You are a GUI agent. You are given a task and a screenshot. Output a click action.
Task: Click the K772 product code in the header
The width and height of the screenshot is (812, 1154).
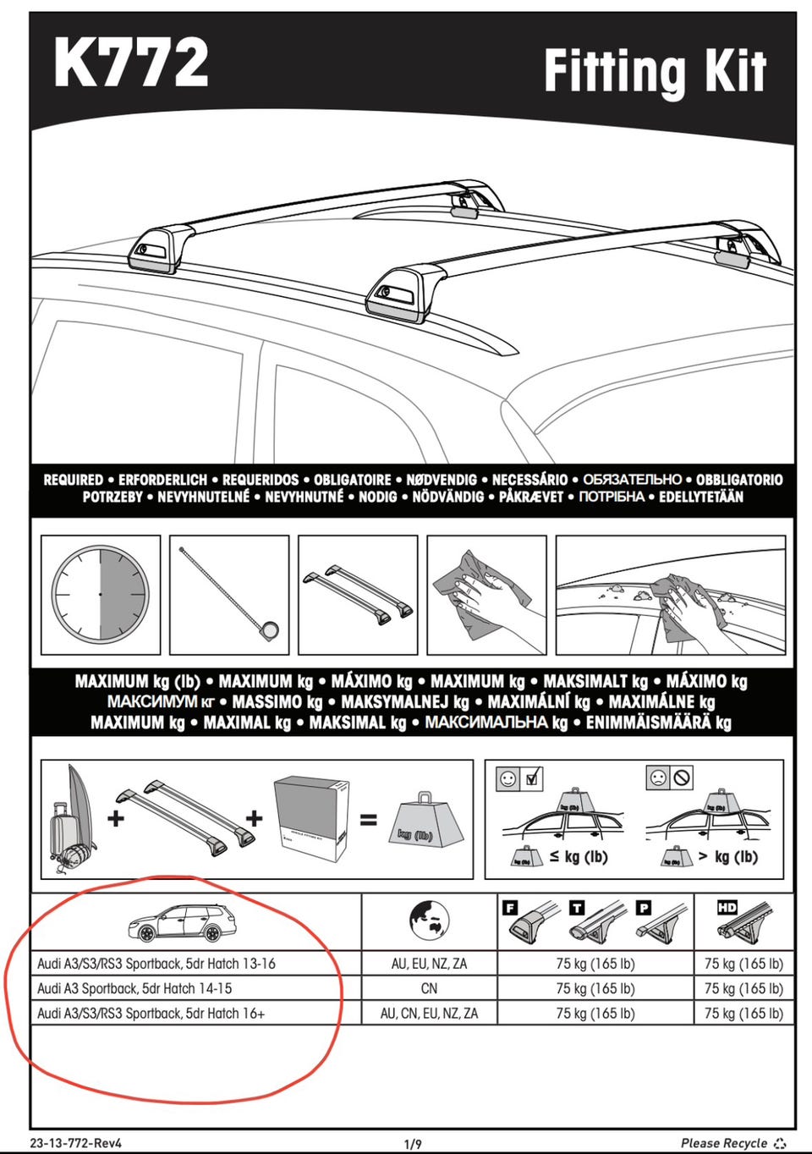(131, 63)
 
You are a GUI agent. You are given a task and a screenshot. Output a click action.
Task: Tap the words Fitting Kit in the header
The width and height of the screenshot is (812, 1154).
(654, 71)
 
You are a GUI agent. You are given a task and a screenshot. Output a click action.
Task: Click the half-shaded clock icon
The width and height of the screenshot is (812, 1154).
(100, 595)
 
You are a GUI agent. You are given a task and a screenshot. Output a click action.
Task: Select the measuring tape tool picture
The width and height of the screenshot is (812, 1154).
(229, 595)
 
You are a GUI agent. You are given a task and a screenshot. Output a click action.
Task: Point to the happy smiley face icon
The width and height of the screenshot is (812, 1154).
(507, 778)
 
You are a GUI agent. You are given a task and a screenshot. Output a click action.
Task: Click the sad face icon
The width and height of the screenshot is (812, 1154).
(657, 778)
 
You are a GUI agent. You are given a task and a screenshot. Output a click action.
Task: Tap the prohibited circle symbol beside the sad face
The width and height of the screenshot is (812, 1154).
(682, 778)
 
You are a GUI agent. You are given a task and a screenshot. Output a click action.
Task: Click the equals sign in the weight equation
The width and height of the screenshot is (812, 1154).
(368, 820)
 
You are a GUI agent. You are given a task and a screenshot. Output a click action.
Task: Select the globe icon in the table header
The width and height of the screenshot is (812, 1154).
(429, 920)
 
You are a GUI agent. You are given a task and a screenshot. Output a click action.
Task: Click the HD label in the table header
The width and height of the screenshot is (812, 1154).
(727, 907)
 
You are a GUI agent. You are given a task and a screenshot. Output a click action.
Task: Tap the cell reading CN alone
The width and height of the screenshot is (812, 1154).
(429, 988)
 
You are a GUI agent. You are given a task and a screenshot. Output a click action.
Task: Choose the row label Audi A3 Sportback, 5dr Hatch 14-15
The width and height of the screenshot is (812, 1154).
(134, 988)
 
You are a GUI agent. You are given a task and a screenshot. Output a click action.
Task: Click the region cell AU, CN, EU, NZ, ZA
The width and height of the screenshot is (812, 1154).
(429, 1013)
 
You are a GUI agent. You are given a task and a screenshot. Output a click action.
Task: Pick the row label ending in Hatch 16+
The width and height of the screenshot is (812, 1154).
(151, 1013)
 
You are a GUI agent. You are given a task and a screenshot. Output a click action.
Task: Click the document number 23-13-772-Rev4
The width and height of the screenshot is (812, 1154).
(76, 1143)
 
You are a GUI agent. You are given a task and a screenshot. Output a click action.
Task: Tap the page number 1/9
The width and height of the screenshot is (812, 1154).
(413, 1144)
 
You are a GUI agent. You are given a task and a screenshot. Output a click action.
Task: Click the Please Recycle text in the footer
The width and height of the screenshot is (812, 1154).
(724, 1143)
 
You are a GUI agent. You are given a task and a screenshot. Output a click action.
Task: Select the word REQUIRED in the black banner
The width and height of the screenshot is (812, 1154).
(74, 480)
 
